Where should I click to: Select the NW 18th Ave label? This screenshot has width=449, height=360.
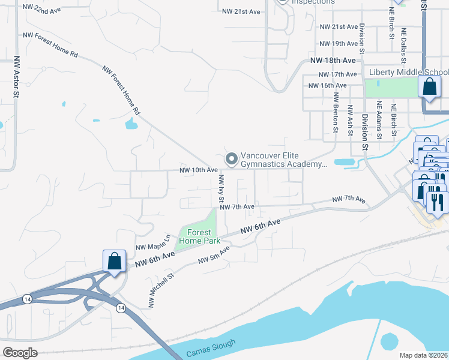pos(333,61)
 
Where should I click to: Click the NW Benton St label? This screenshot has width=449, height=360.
pos(336,112)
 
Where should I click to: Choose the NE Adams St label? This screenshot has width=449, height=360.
pos(379,120)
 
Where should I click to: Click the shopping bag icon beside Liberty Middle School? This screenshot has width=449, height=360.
pos(430,87)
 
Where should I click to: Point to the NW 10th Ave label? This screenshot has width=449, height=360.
pos(198,170)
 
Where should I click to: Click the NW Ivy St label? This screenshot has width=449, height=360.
pos(221,188)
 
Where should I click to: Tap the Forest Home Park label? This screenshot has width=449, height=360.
pos(199,236)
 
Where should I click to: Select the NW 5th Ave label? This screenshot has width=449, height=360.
pos(214,256)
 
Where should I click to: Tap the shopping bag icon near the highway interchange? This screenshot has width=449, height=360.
pos(114,262)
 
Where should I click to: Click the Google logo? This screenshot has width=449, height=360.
pos(20,353)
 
